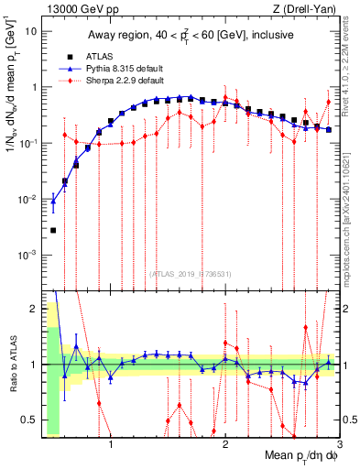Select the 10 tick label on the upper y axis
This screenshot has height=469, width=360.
(x=30, y=31)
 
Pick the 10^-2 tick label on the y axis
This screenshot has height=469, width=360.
(x=28, y=200)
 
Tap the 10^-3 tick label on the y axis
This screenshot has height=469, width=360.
(x=28, y=256)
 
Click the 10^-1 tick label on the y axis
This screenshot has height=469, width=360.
(x=28, y=144)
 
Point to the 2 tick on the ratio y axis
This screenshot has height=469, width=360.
(x=34, y=308)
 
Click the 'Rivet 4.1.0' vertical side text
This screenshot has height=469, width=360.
(x=352, y=73)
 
